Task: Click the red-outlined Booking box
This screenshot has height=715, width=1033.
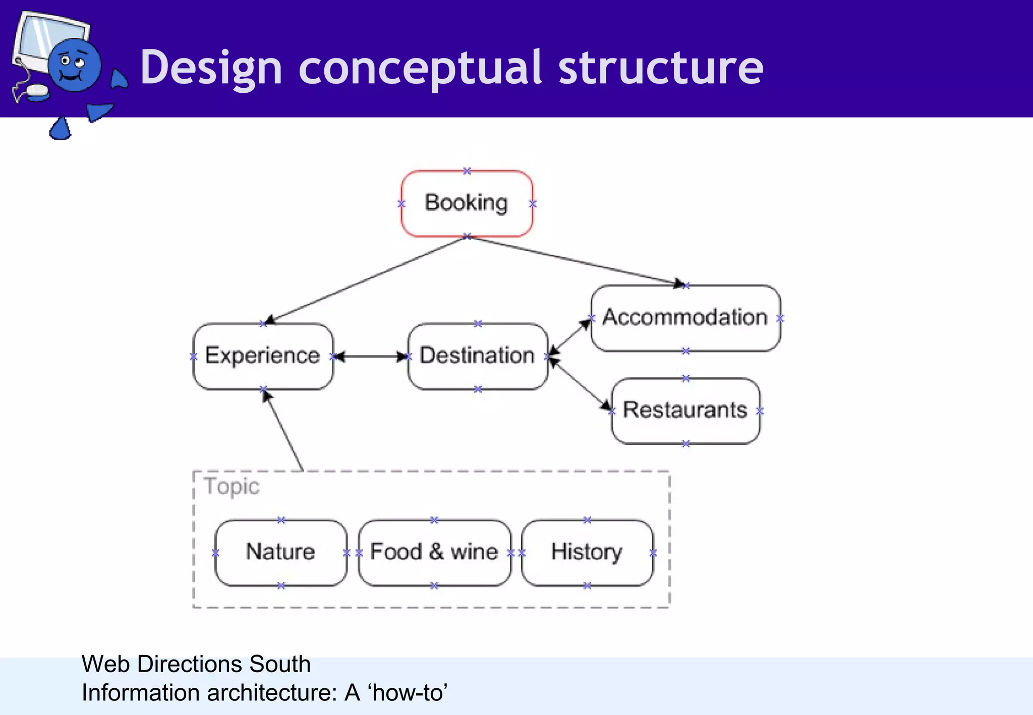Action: click(x=467, y=203)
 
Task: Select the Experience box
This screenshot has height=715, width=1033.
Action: click(x=263, y=356)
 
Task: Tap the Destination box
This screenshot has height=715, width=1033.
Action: click(x=477, y=356)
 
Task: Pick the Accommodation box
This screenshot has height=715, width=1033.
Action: click(x=685, y=318)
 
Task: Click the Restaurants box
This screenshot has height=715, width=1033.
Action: click(x=685, y=410)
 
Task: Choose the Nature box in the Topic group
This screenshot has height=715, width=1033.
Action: click(x=280, y=552)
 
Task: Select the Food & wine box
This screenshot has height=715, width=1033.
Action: click(x=434, y=552)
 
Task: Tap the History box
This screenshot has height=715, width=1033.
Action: click(x=587, y=552)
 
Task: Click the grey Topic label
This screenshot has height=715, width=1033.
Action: click(x=232, y=486)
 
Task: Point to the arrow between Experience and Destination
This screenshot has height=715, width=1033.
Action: click(x=371, y=357)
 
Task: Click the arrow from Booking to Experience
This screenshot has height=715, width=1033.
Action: click(x=366, y=280)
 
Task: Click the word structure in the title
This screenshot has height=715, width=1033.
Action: click(x=661, y=68)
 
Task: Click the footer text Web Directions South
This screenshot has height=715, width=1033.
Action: click(x=196, y=664)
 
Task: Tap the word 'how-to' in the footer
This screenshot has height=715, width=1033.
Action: click(x=409, y=693)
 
